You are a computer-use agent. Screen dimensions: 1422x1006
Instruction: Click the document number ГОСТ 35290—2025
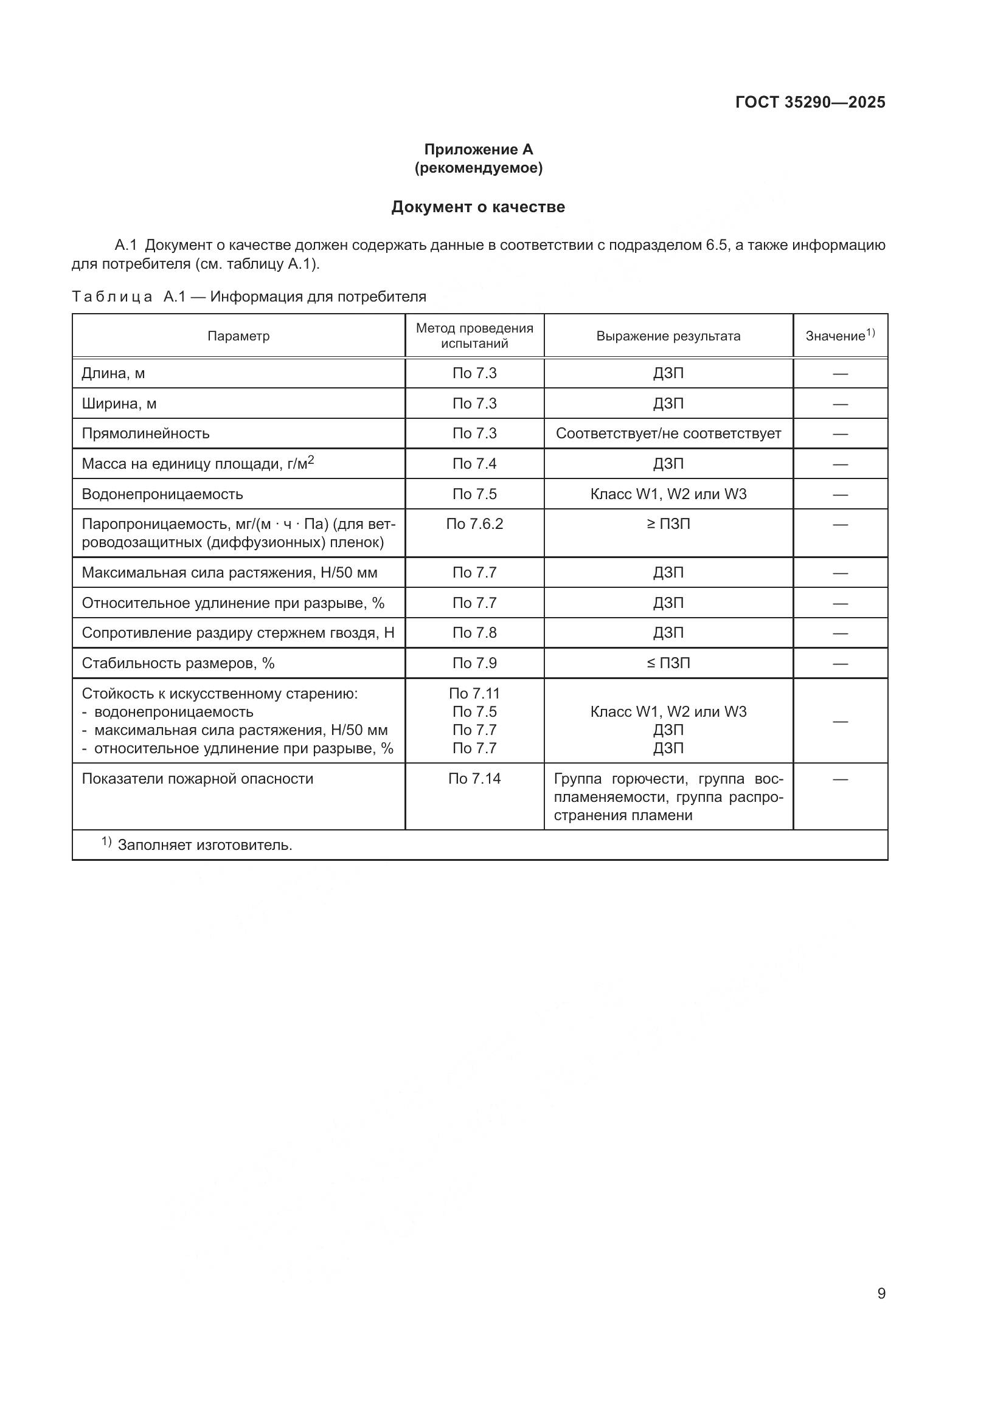[x=810, y=102]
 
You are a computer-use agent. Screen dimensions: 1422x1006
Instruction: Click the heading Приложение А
[x=478, y=150]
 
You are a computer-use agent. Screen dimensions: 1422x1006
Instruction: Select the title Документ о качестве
[x=477, y=207]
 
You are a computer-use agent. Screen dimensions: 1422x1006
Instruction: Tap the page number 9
[x=881, y=1294]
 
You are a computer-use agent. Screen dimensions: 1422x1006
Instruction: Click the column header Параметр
[x=238, y=336]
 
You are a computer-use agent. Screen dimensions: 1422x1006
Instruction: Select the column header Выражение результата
[x=668, y=336]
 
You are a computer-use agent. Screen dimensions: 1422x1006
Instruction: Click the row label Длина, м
[x=113, y=373]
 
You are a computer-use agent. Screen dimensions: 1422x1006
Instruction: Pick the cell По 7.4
[x=474, y=464]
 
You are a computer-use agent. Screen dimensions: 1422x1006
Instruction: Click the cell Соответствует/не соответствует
[x=668, y=433]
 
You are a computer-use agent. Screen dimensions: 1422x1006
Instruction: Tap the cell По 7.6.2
[x=474, y=524]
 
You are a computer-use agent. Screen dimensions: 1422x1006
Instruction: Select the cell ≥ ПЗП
[x=668, y=524]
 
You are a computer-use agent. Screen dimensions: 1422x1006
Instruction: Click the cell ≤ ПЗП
[x=668, y=663]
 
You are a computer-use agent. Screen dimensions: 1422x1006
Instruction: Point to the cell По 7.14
[x=474, y=779]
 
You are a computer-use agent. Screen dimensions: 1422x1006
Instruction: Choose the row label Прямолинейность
[x=145, y=433]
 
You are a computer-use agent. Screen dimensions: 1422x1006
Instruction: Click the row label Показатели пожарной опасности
[x=197, y=779]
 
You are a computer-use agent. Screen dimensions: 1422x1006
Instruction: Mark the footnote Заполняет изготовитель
[x=204, y=845]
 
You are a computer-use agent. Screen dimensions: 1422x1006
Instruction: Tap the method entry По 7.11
[x=474, y=694]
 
